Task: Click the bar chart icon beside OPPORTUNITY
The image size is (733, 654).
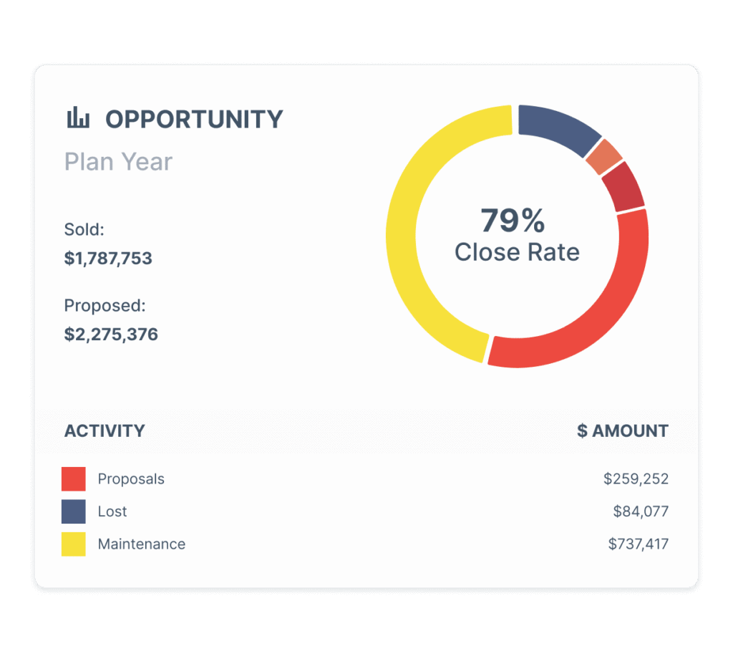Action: (x=78, y=118)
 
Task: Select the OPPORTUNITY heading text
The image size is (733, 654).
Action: (x=194, y=119)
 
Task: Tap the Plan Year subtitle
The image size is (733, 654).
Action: (x=118, y=162)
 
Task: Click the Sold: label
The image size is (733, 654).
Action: (x=84, y=229)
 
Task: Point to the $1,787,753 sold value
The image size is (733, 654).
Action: (x=108, y=259)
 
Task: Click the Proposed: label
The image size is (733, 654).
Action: (x=105, y=305)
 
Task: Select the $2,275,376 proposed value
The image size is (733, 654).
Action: (x=111, y=335)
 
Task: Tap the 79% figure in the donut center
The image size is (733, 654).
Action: (x=513, y=221)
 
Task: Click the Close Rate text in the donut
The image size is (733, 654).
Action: (x=517, y=251)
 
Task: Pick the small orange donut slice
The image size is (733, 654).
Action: (x=603, y=157)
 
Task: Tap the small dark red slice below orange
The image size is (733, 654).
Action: (x=623, y=186)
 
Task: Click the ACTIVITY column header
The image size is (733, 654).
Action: (x=105, y=431)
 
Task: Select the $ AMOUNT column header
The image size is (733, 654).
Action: (x=623, y=431)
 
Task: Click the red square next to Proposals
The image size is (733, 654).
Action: (x=74, y=479)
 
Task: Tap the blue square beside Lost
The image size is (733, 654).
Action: (x=74, y=511)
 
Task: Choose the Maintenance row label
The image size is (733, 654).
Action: (x=141, y=544)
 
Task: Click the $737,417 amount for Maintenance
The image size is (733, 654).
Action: (x=638, y=544)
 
